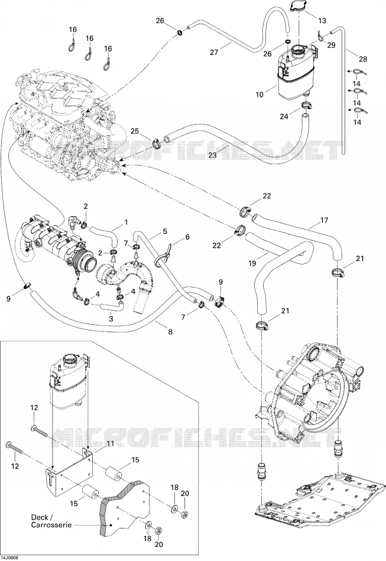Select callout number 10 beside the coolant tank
click(260, 95)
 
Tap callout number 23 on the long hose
click(213, 156)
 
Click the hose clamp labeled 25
click(156, 143)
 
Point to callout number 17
click(324, 220)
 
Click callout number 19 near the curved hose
click(252, 263)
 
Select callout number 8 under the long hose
click(170, 332)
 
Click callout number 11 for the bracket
click(111, 443)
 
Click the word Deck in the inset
click(40, 517)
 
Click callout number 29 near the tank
click(331, 45)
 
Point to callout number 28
click(363, 59)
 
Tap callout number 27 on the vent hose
click(214, 52)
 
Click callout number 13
click(322, 21)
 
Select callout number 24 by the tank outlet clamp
click(284, 117)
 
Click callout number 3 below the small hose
click(111, 318)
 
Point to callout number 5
click(165, 231)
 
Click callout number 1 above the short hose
click(126, 222)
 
